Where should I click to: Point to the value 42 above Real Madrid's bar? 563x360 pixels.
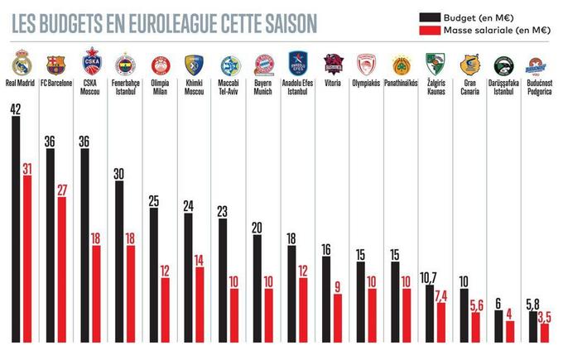click(x=17, y=108)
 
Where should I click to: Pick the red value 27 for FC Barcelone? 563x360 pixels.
click(x=61, y=190)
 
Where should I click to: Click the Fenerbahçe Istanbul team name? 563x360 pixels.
click(x=125, y=87)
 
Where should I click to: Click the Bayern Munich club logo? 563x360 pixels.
click(x=263, y=65)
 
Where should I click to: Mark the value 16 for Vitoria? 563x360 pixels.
click(x=325, y=248)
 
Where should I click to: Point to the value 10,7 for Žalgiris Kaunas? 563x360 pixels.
click(x=429, y=277)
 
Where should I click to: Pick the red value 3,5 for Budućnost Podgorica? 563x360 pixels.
click(x=544, y=316)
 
